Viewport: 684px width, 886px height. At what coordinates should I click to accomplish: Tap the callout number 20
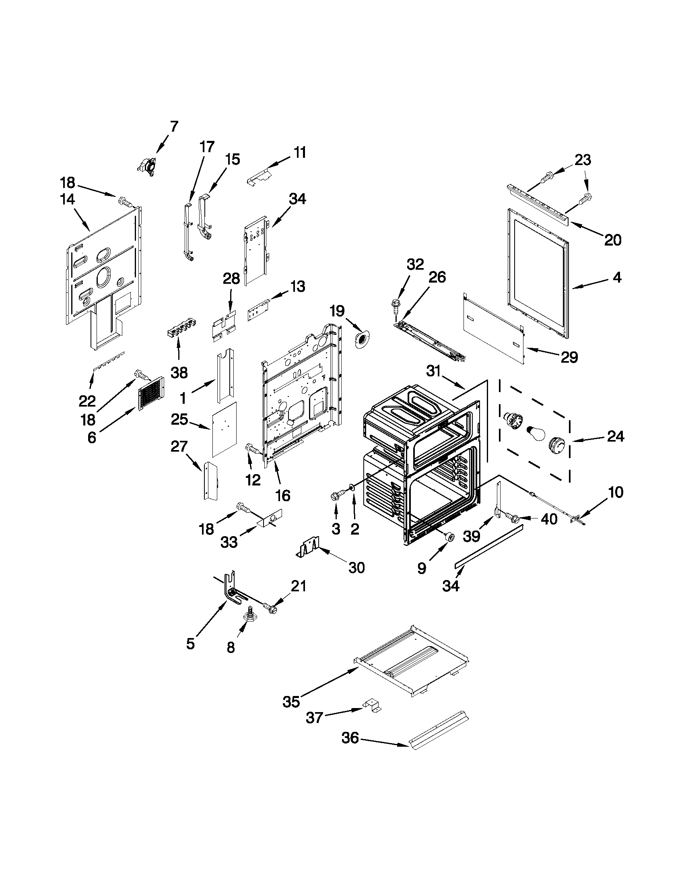point(613,240)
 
